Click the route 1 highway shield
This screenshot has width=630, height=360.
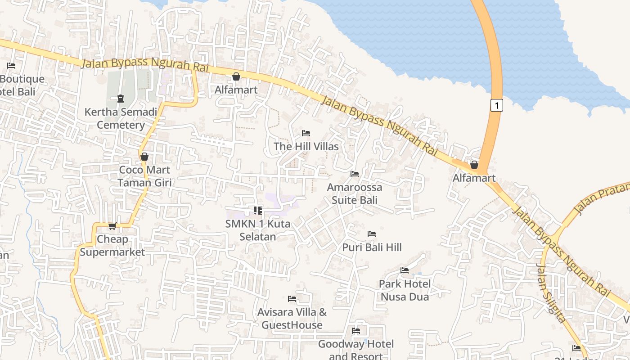tap(496, 105)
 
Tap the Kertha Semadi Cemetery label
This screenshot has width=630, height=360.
tap(121, 118)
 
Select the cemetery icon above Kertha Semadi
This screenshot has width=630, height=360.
tap(120, 98)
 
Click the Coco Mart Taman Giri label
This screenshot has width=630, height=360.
tap(144, 176)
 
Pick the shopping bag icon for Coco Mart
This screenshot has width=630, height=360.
tap(144, 157)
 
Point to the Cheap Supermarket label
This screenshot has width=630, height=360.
tap(112, 246)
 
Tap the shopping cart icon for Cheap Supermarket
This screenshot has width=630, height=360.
tap(112, 226)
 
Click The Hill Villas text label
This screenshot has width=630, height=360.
tap(306, 146)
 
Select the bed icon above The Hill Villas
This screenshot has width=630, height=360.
tap(306, 133)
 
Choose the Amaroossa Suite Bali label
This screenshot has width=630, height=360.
tap(355, 193)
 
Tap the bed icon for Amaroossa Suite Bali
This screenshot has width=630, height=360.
tap(355, 174)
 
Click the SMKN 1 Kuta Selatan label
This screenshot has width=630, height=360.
tap(258, 230)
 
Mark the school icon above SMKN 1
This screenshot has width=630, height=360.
tap(258, 210)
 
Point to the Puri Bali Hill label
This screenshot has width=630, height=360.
tap(372, 247)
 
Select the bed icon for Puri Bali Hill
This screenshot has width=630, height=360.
tap(372, 234)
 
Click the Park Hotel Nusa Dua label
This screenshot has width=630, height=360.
tap(405, 290)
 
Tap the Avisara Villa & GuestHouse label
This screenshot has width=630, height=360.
tap(292, 318)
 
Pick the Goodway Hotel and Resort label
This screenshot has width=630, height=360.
tap(356, 350)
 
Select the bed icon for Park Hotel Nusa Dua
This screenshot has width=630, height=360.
tap(405, 270)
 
